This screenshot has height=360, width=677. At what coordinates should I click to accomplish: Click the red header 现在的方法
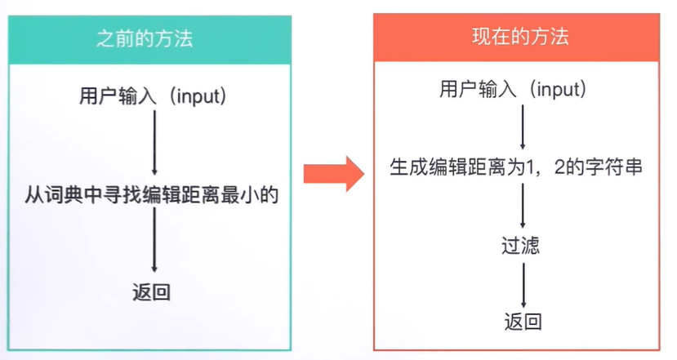tap(520, 37)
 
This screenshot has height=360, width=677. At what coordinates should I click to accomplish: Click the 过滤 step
tap(521, 245)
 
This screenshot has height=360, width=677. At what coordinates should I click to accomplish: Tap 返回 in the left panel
tap(151, 292)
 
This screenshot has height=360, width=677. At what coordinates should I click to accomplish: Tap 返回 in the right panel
tap(523, 321)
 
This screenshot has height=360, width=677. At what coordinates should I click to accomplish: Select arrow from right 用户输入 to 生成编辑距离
tap(523, 128)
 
